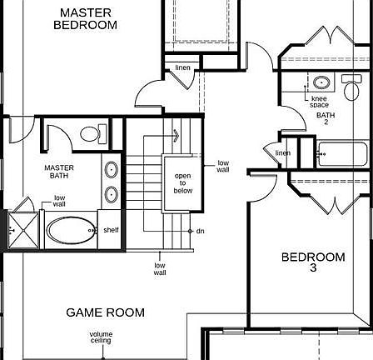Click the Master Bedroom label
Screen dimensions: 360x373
(85, 19)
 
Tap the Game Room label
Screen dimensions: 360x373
(105, 312)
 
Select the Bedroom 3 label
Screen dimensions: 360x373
(312, 262)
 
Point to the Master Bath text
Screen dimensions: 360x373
(59, 171)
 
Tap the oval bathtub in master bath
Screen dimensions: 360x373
(69, 230)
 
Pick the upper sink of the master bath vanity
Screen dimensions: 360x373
(112, 170)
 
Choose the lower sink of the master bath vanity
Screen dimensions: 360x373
(112, 196)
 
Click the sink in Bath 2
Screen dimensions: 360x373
(321, 82)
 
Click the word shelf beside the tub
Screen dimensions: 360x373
(111, 230)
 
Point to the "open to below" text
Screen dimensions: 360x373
(182, 183)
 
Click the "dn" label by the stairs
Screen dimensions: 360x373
(201, 231)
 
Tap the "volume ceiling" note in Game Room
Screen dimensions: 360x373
(100, 337)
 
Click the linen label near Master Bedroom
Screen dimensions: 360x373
(182, 68)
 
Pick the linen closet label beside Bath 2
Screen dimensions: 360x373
(283, 153)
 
